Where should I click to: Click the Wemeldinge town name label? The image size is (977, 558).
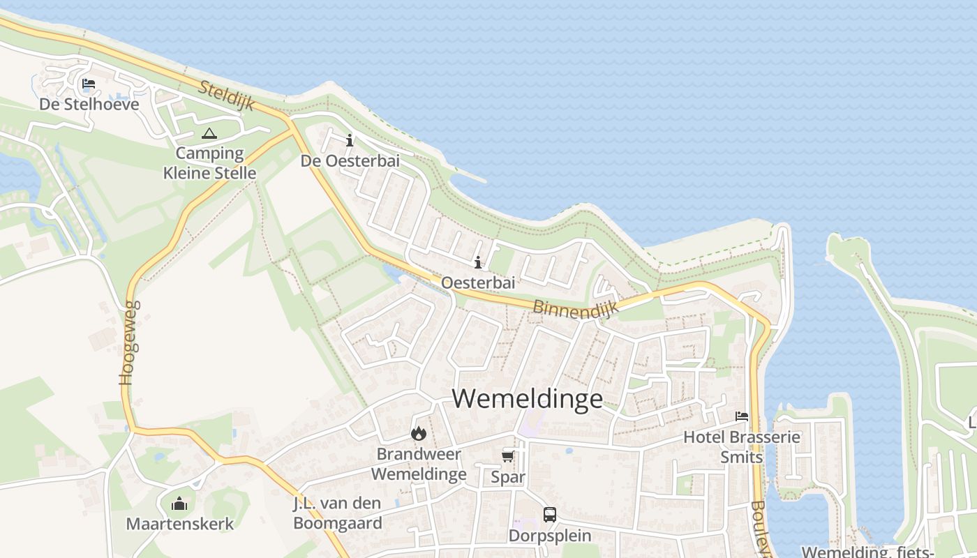coord(527,398)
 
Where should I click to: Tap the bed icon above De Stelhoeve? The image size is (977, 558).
coord(89,84)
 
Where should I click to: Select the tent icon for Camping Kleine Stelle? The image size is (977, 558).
coord(209,133)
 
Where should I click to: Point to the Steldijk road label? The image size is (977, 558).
coord(228,98)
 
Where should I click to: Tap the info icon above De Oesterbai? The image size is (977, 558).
coord(350,140)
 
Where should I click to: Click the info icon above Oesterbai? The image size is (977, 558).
coord(478,263)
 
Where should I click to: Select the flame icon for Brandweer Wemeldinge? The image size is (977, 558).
coord(418,433)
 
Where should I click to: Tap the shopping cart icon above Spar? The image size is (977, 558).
coord(507,456)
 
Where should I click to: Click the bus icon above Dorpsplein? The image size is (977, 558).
coord(550,515)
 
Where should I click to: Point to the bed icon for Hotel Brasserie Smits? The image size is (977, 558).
coord(741,416)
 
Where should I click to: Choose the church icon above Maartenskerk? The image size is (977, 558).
coord(179,503)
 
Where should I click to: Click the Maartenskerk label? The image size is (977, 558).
coord(179,523)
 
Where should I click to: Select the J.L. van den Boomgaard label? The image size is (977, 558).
coord(338,513)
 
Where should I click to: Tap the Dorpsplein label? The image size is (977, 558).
coord(550,536)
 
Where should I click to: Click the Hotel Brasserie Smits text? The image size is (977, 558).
coord(741,447)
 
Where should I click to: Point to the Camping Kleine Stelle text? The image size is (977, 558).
coord(209,163)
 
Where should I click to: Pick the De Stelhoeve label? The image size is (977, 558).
coord(89,105)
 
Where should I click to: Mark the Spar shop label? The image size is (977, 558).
coord(507,477)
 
